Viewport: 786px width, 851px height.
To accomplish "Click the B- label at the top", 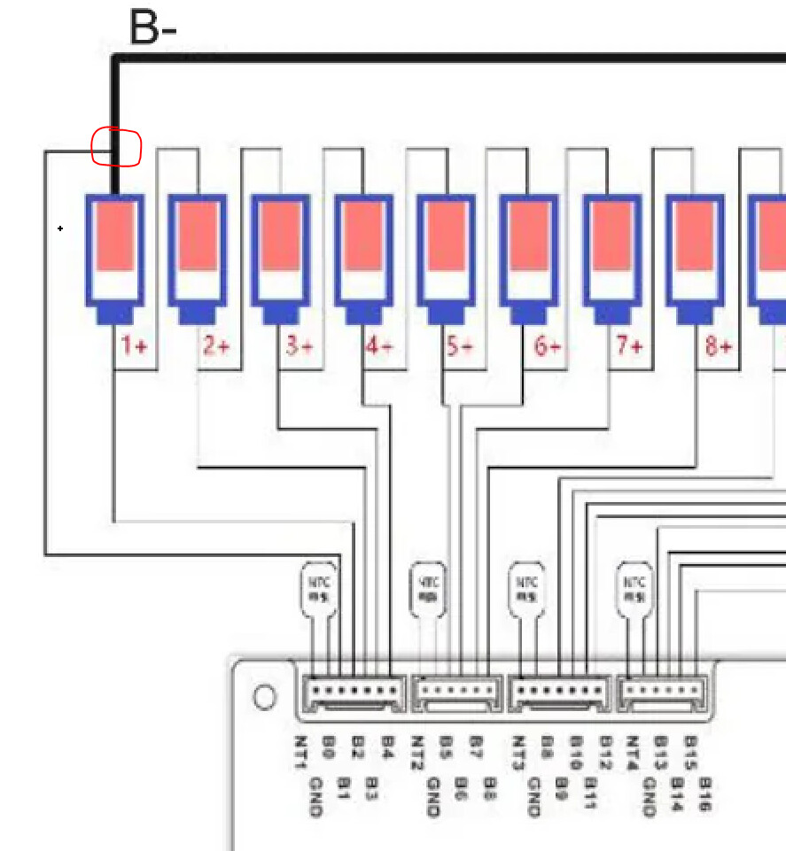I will click(x=152, y=27).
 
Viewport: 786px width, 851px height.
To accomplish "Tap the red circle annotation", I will click(x=117, y=147).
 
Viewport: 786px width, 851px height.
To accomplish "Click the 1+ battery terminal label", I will click(x=134, y=345).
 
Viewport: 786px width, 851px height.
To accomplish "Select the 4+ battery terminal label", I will click(x=379, y=345).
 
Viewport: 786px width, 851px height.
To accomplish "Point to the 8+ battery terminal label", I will click(x=719, y=345).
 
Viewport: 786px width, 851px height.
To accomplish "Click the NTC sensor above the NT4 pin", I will click(x=634, y=588).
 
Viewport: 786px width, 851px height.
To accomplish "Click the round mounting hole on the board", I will click(x=264, y=698).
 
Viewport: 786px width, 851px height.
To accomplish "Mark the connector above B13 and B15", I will click(x=663, y=693).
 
